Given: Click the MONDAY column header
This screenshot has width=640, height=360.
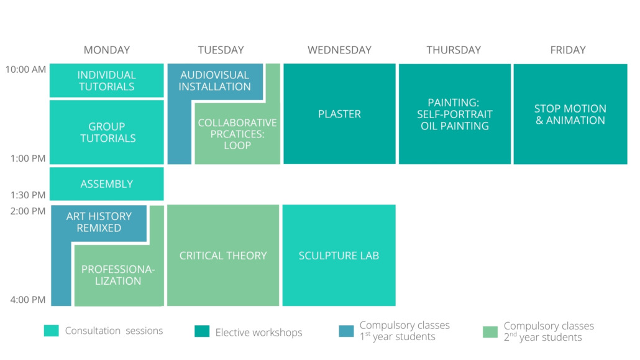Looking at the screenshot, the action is pos(106,50).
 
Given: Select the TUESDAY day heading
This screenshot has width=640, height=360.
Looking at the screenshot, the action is pos(221,50).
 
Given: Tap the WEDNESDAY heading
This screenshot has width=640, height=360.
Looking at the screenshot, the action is pos(340,50).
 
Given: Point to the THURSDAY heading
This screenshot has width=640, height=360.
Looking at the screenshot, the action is pos(454,50).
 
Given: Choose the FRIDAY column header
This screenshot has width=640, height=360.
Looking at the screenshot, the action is pos(568,50).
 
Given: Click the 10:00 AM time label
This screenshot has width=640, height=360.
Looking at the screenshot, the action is pos(25,70).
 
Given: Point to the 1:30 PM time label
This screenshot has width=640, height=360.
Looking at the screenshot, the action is pos(28,195).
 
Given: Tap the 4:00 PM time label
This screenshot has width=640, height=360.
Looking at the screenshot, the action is pos(28,300).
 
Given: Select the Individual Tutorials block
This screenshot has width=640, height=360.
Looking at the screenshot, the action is pos(106,80).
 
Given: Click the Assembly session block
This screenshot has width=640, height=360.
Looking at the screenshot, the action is pos(106,184).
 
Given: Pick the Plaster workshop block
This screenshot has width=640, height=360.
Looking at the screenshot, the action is pos(340,114).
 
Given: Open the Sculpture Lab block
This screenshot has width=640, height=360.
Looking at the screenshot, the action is pos(339,256).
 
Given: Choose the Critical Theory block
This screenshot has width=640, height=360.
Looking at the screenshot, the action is pos(223,256).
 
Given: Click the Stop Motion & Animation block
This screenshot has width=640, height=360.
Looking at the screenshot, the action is pos(570,114).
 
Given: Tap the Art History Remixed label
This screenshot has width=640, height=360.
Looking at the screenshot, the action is pos(99,222).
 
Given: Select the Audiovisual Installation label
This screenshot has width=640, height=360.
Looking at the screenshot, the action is pos(215,80).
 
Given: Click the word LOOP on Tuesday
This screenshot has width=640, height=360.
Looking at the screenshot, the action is pos(237,145).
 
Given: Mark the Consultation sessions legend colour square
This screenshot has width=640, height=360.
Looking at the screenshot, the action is pos(52,331).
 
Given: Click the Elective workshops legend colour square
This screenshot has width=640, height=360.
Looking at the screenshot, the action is pos(202,331).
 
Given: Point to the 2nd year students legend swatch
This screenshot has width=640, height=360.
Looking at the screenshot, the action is pos(490,332).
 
